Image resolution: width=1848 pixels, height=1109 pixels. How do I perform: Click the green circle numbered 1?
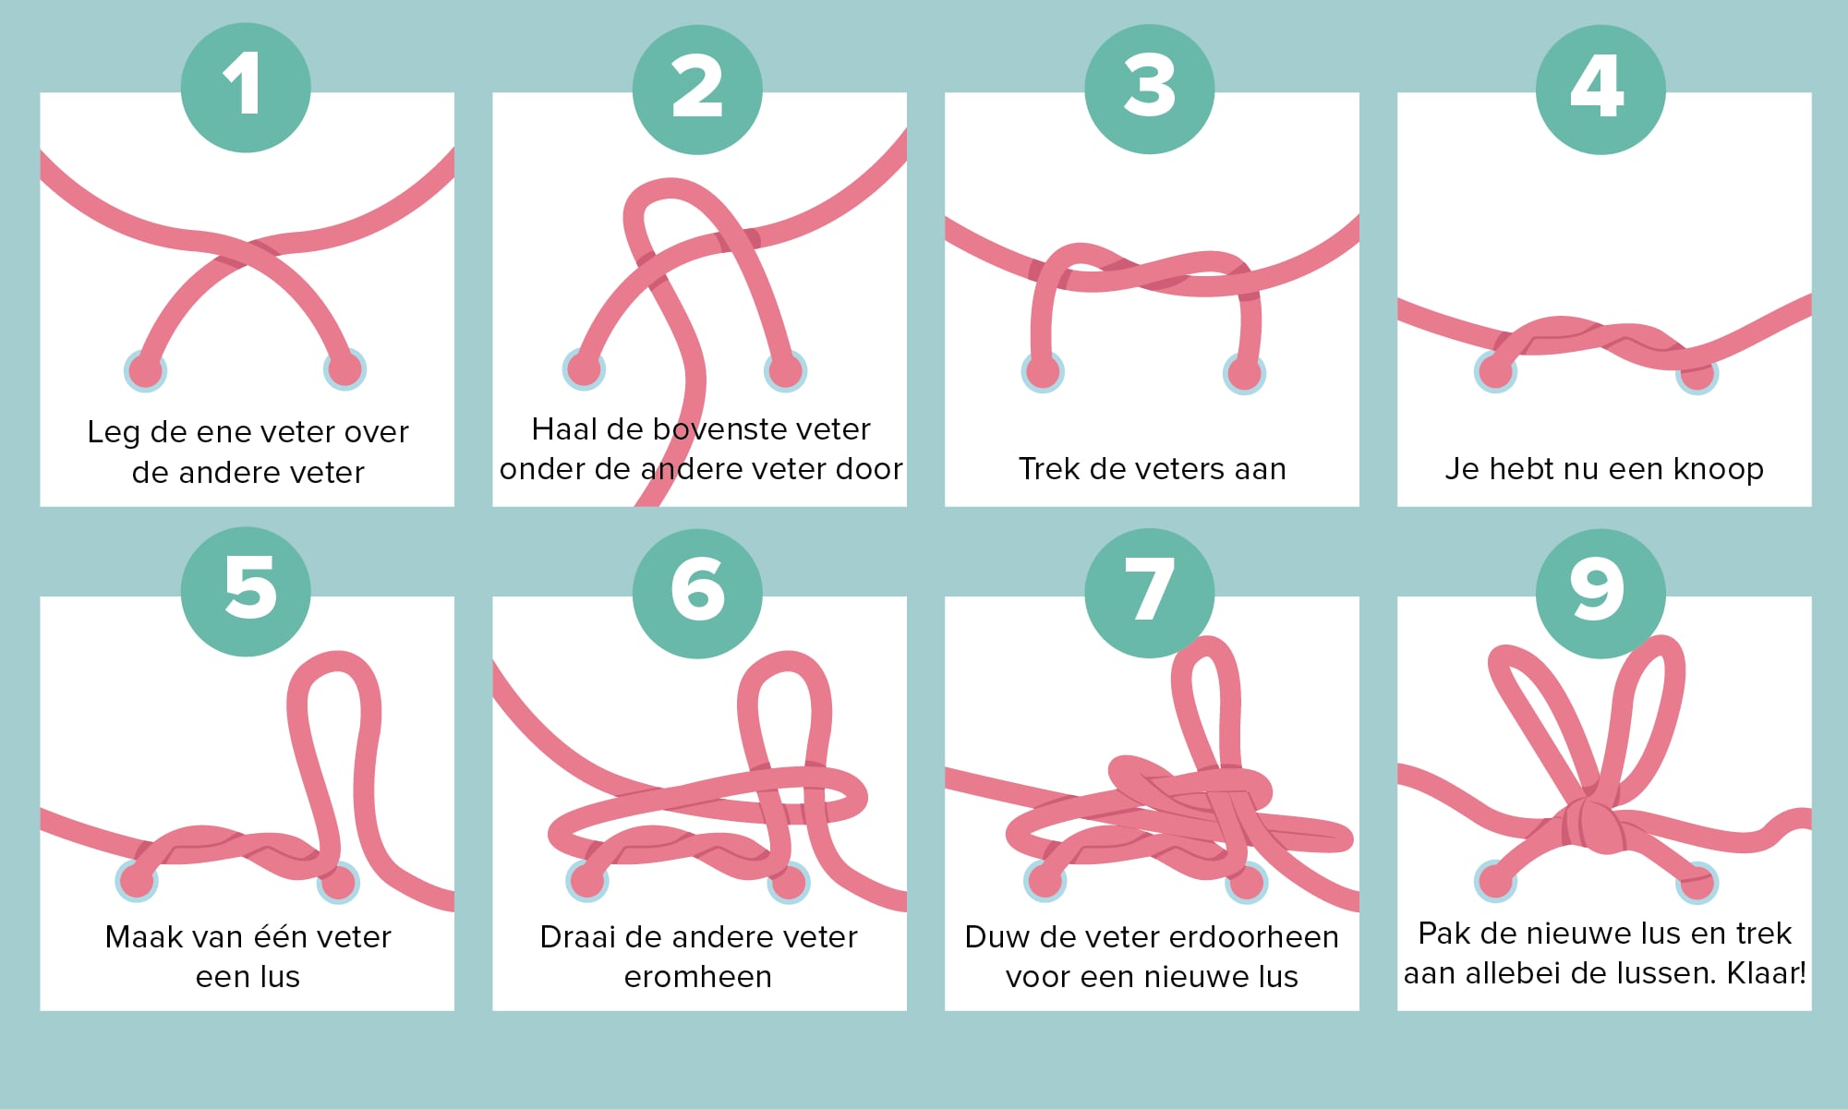[246, 88]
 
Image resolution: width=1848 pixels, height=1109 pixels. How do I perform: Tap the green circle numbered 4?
[1600, 89]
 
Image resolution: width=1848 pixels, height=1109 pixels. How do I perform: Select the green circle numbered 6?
[697, 593]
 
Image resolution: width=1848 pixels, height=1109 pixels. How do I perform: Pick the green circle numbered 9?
[1600, 593]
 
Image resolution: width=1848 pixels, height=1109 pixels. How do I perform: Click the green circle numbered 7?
[1150, 593]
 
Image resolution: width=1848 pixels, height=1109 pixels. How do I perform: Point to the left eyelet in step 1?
[145, 371]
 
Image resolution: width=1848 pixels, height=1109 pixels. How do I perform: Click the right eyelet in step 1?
[344, 369]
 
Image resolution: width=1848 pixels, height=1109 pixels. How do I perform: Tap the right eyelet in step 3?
[1244, 373]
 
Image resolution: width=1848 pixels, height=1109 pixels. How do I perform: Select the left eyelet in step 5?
[137, 881]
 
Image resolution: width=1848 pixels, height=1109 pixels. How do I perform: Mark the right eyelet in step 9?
[1697, 882]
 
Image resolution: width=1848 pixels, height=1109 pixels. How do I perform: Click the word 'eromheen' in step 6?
[697, 977]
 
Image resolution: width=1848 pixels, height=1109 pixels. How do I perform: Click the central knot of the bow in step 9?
[1591, 824]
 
